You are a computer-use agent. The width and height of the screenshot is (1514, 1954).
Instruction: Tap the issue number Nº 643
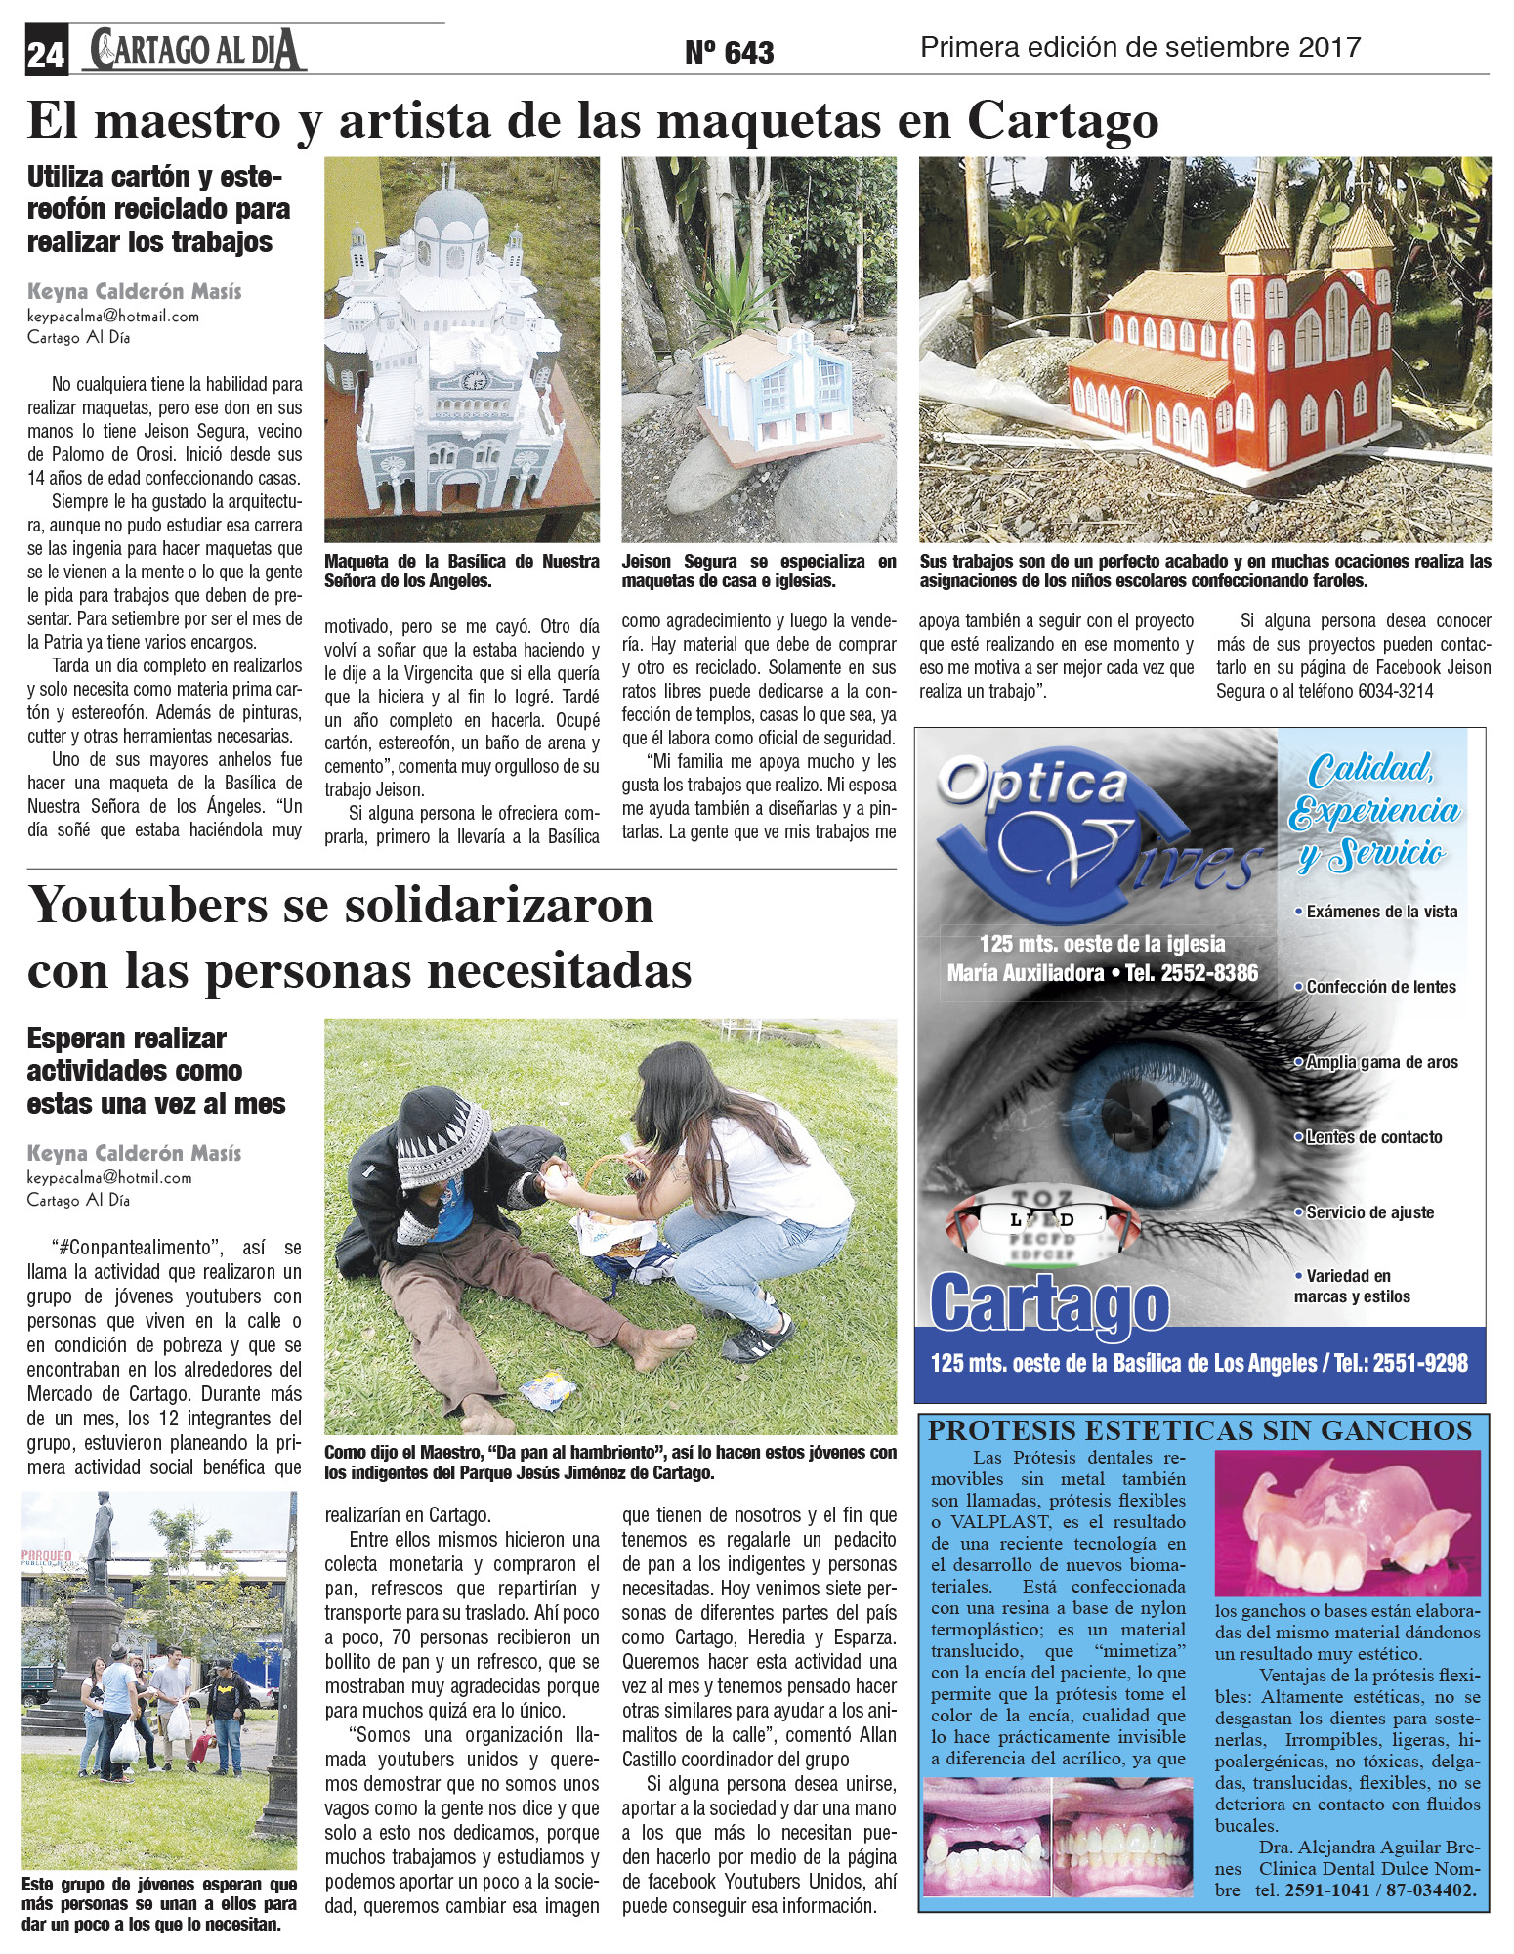729,52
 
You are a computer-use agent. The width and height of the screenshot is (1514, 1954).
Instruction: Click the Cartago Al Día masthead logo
195,50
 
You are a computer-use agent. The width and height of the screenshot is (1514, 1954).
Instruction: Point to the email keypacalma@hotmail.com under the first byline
113,317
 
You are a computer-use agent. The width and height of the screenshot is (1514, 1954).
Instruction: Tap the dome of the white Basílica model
449,223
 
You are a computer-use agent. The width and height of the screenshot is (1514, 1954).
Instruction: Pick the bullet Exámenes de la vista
1381,912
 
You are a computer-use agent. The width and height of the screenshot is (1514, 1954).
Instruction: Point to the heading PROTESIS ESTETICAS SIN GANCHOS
1199,1431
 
